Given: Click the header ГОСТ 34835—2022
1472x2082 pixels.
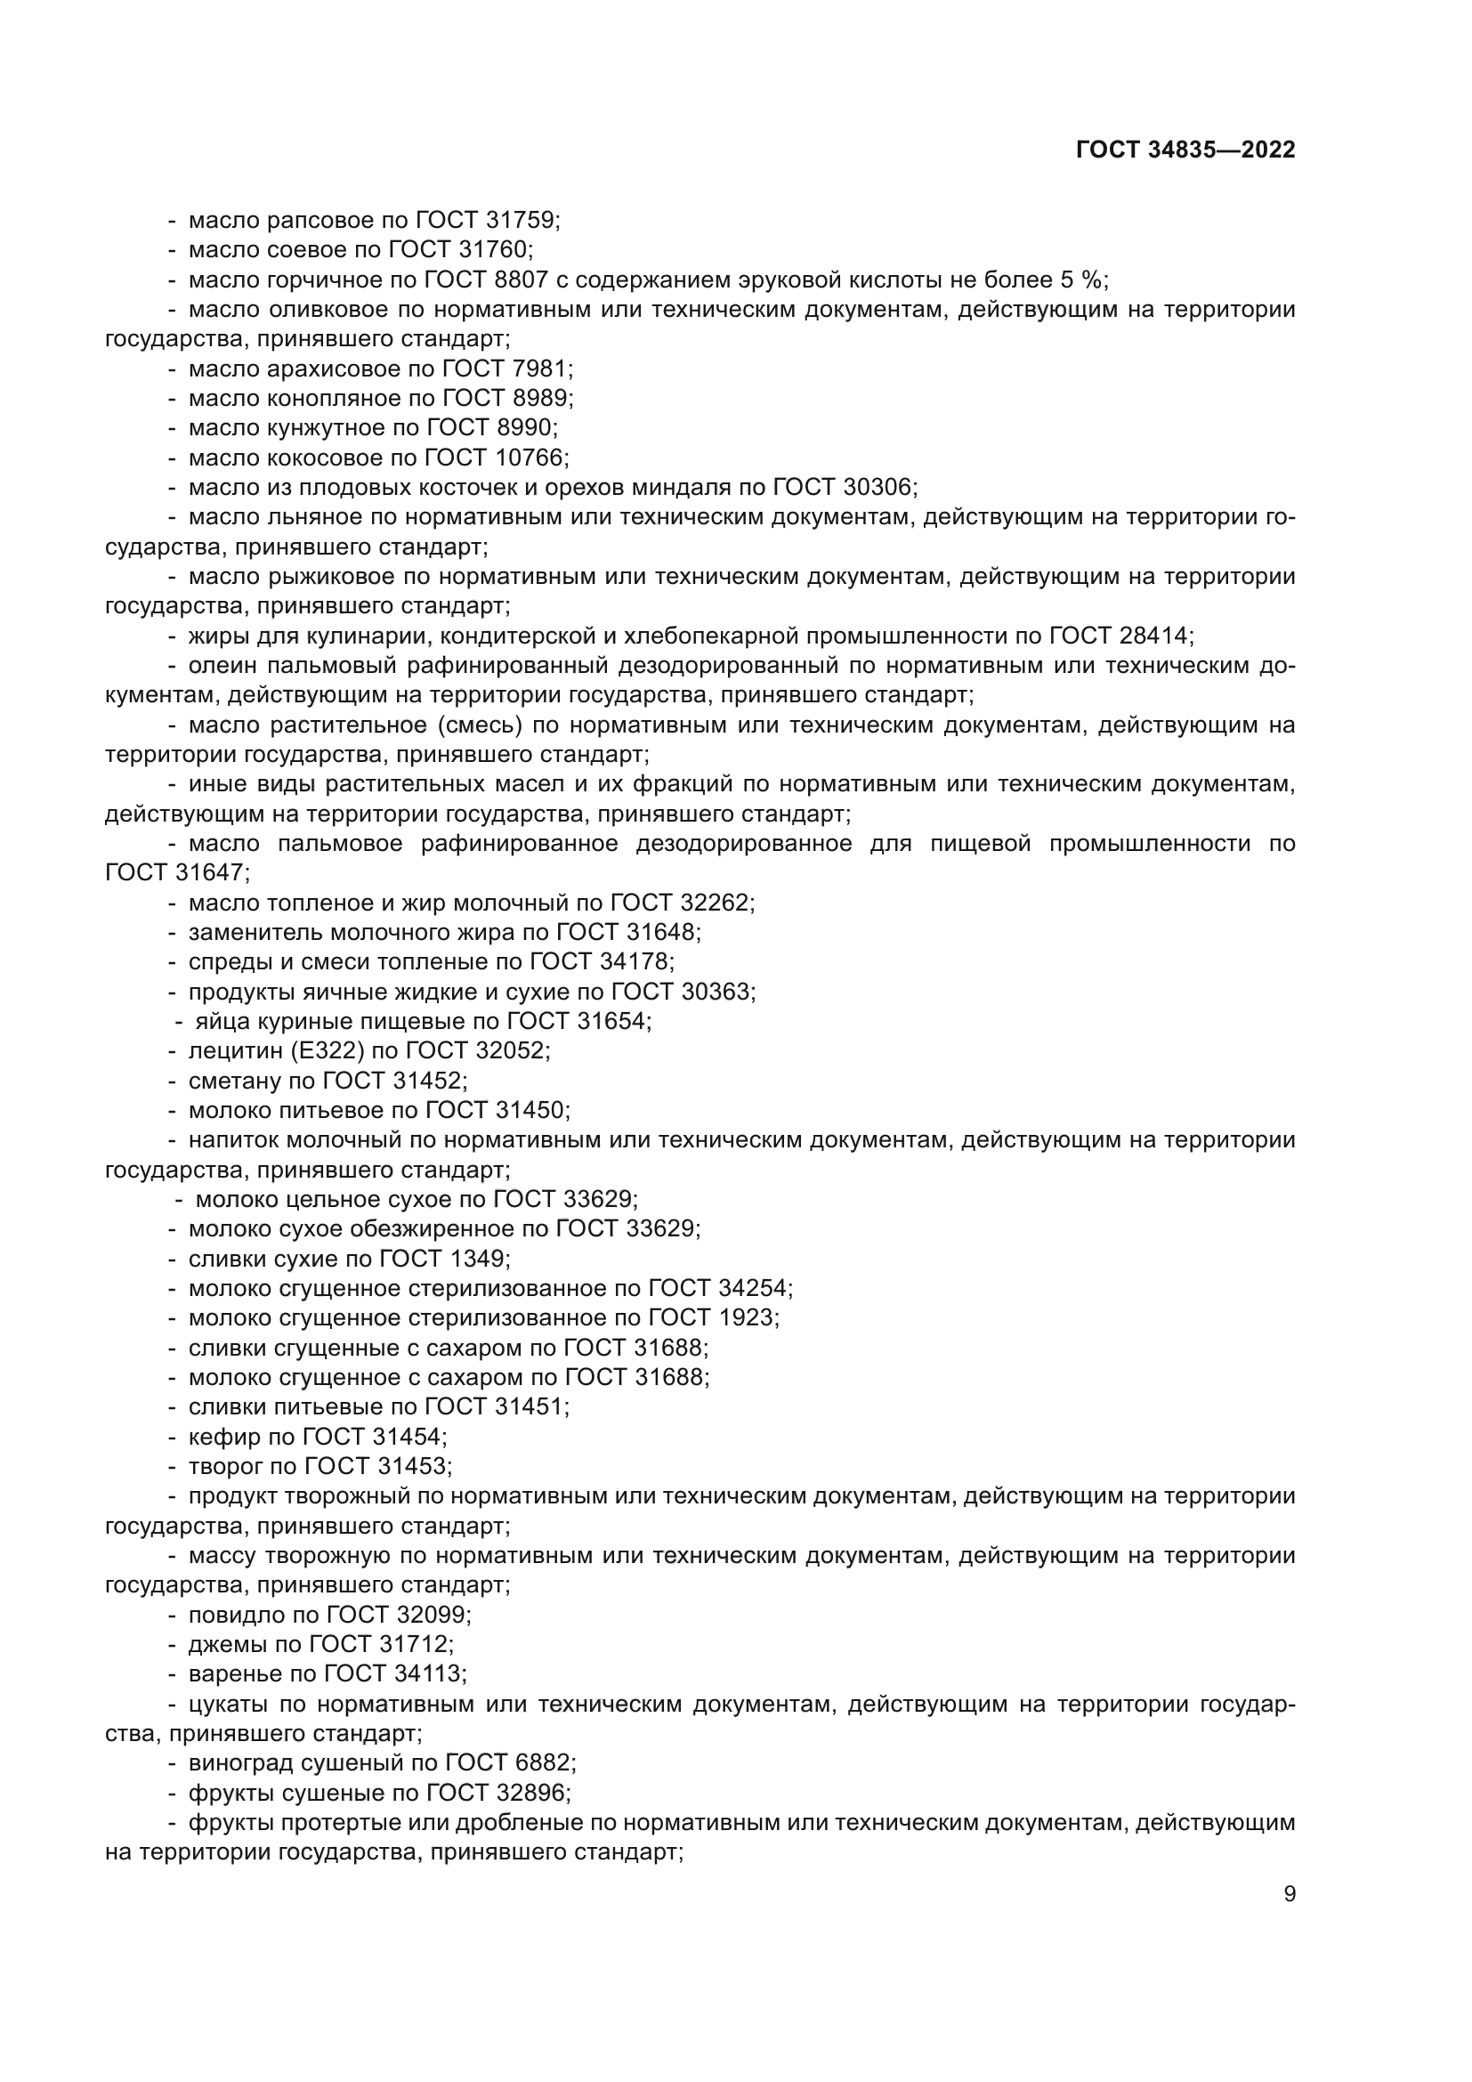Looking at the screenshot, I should tap(1185, 150).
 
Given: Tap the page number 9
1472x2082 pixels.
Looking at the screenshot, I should tap(1290, 1893).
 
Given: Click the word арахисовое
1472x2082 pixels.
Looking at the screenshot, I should tap(328, 369).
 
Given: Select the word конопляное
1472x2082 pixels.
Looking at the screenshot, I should tap(328, 398).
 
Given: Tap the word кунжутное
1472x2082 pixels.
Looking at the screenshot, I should tap(321, 428).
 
